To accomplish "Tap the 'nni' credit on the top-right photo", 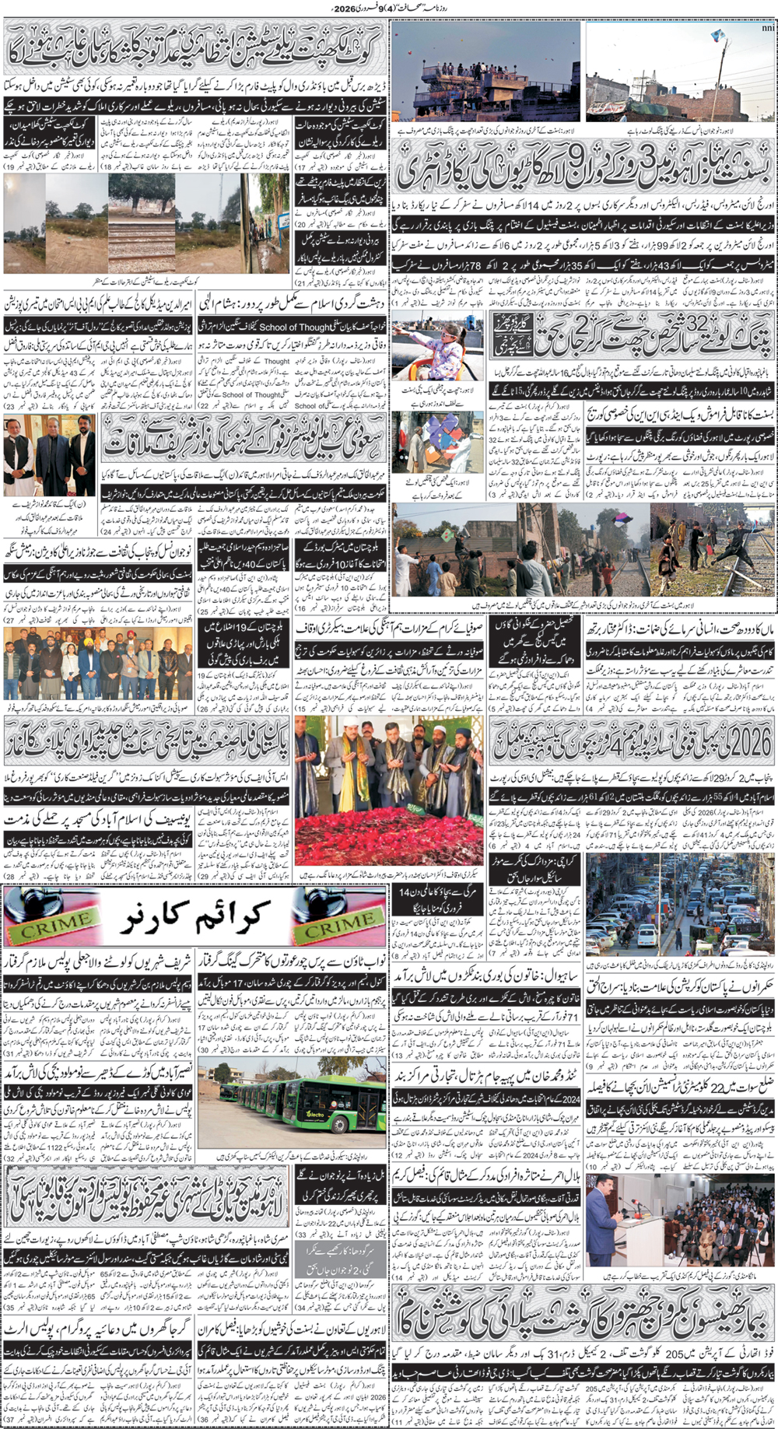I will [767, 30].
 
